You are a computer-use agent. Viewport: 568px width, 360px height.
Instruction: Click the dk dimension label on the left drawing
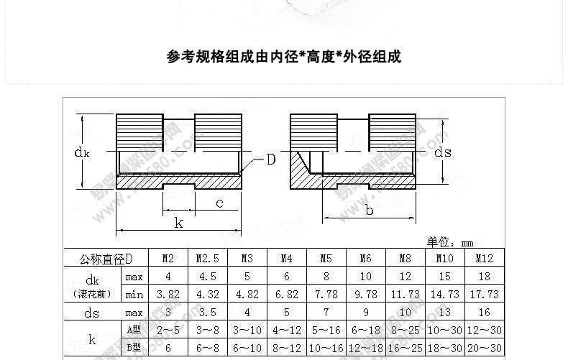[82, 152]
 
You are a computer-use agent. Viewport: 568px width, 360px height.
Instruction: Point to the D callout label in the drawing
[270, 159]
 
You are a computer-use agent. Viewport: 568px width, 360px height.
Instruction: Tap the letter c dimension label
[219, 203]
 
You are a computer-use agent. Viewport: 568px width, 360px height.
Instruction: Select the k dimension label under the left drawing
[178, 223]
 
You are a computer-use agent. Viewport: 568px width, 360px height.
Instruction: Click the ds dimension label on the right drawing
[443, 152]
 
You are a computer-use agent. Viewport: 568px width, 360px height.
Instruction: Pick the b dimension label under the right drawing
[370, 210]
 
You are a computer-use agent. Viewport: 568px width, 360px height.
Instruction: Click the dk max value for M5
[326, 277]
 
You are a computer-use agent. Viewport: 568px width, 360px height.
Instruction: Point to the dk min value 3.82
[168, 294]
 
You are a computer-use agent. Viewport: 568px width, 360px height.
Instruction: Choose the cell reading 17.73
[484, 294]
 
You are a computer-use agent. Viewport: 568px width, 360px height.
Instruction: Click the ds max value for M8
[405, 313]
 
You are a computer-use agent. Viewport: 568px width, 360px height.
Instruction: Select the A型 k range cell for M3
[247, 331]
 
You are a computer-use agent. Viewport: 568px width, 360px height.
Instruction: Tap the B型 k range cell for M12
[484, 348]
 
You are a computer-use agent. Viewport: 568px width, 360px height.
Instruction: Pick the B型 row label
[133, 348]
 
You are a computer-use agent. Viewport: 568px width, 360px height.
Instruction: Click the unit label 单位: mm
[450, 243]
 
